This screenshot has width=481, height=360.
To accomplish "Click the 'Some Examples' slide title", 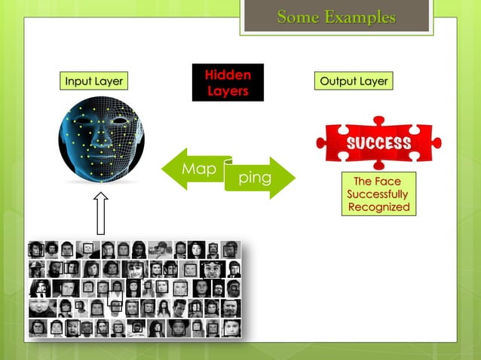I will tap(335, 17).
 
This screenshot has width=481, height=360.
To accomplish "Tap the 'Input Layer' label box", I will tap(93, 81).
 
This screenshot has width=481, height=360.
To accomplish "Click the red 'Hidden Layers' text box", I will tap(227, 83).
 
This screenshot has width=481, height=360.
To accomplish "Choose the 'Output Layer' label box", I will tap(354, 81).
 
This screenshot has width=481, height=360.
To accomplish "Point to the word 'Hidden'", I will tap(227, 75).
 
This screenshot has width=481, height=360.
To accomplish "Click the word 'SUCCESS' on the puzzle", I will tap(378, 143).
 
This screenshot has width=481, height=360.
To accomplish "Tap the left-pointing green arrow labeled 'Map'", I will tap(192, 169).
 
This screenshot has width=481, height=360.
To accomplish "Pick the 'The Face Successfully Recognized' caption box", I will tap(378, 194).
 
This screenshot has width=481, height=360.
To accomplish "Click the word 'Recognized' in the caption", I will tap(378, 207).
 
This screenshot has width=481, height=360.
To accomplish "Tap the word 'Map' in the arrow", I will tap(198, 169).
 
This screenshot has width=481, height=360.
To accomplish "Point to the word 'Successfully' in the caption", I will tap(378, 194).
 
